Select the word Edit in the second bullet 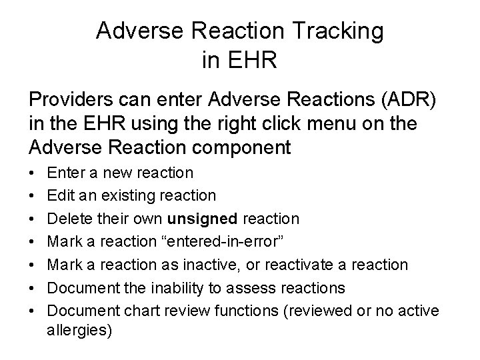[x=61, y=195]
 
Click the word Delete [x=71, y=219]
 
